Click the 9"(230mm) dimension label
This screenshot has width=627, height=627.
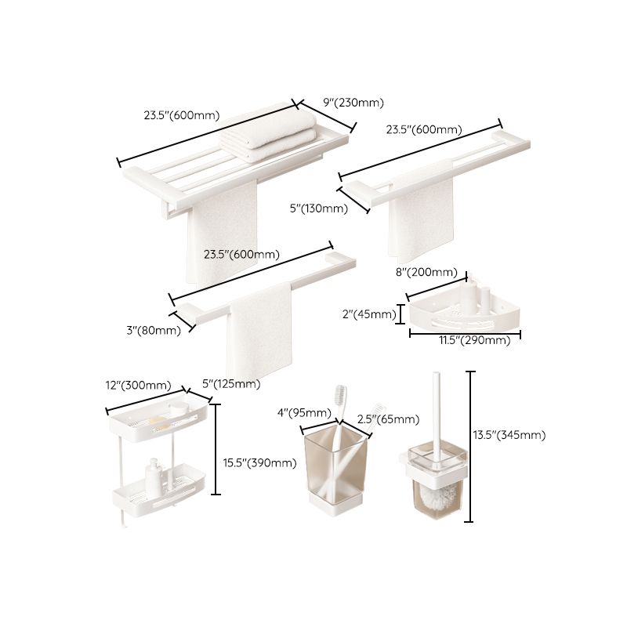(x=352, y=102)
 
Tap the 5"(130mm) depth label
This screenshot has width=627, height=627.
(x=317, y=208)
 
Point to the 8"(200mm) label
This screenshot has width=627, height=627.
(x=426, y=272)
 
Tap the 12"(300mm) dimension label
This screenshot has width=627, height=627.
(x=137, y=385)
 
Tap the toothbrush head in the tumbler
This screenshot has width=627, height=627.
(x=341, y=392)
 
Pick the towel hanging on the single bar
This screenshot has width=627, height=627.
(x=259, y=329)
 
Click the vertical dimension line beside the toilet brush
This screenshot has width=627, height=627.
(x=470, y=447)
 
